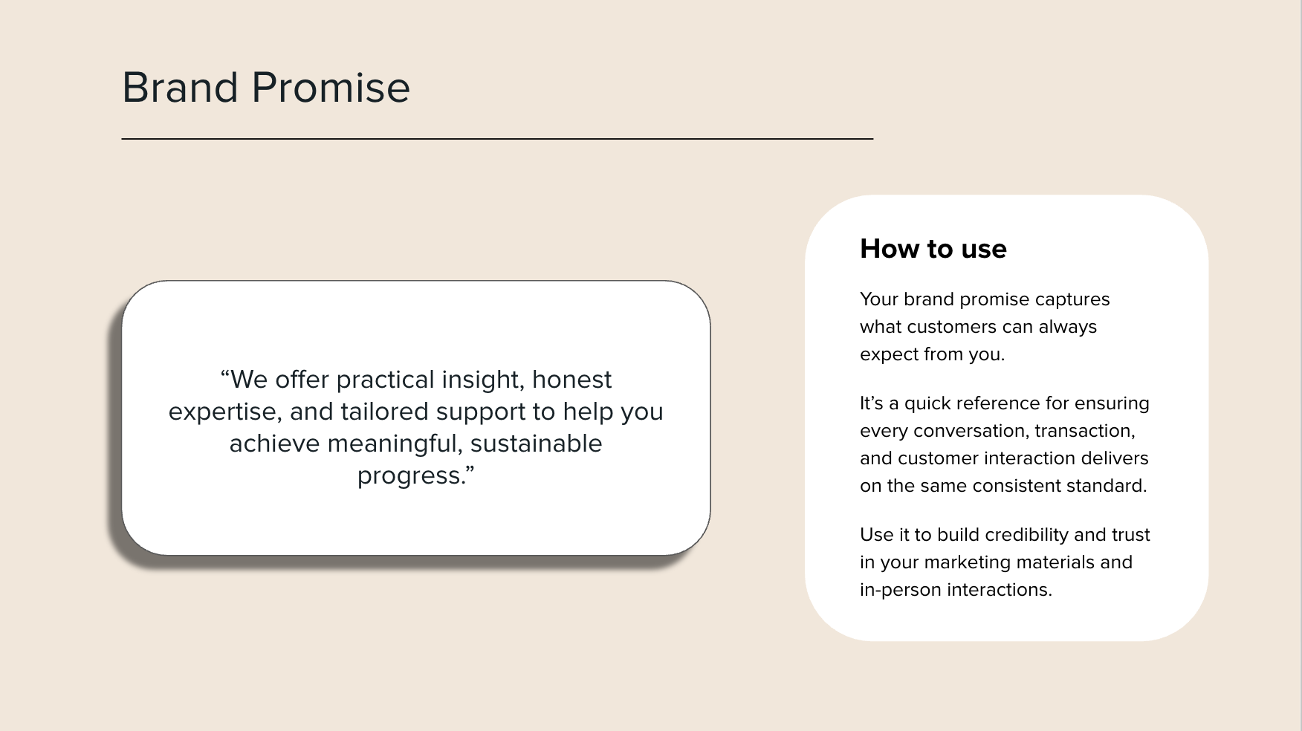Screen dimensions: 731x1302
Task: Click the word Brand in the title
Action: [180, 88]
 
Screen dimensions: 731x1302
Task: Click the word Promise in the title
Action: [331, 88]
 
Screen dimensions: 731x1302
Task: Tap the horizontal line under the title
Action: [496, 139]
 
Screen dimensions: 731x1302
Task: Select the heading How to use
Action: [933, 249]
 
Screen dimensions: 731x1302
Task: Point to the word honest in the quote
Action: [571, 380]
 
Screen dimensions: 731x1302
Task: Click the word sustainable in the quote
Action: [536, 444]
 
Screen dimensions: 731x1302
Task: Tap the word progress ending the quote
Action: [412, 476]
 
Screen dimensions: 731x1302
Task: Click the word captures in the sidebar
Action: [1072, 299]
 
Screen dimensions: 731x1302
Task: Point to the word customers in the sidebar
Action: [951, 327]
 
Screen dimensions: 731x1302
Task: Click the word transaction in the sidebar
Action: [1084, 431]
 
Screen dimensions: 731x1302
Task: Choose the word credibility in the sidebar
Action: [1016, 535]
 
